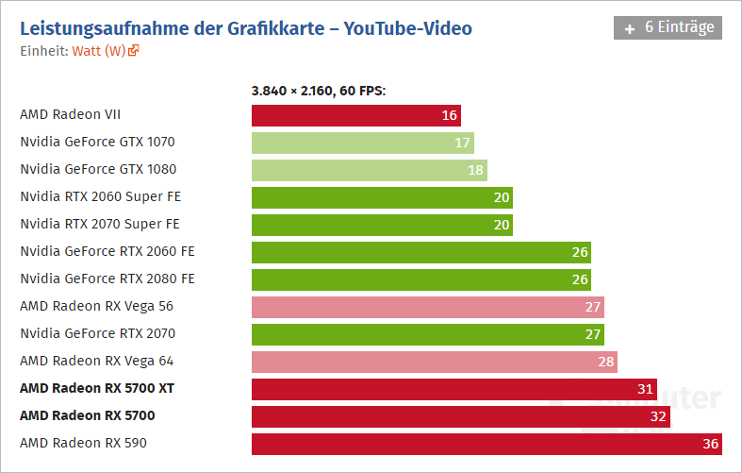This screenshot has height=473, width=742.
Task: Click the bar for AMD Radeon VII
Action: [355, 115]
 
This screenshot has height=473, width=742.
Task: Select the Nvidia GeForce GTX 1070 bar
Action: [362, 143]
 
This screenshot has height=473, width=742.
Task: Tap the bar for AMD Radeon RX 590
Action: [486, 443]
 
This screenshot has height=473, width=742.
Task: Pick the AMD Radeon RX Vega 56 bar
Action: [427, 307]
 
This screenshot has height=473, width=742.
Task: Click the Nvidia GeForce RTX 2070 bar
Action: [427, 334]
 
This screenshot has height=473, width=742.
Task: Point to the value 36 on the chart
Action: [712, 443]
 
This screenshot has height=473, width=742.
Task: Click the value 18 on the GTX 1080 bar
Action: [476, 170]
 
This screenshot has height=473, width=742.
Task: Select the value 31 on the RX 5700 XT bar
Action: [646, 389]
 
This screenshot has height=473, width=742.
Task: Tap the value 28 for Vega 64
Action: [607, 362]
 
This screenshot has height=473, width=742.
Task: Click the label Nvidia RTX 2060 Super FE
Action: [100, 196]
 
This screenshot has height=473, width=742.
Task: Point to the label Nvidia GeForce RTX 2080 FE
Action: [107, 279]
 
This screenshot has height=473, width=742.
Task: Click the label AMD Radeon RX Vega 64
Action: [96, 361]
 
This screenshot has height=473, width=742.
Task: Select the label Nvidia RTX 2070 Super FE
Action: [100, 224]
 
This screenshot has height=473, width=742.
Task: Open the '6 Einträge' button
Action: [668, 27]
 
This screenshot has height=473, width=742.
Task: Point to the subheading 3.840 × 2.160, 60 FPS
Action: [319, 91]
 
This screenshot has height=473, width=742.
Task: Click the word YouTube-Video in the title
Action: [408, 28]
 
